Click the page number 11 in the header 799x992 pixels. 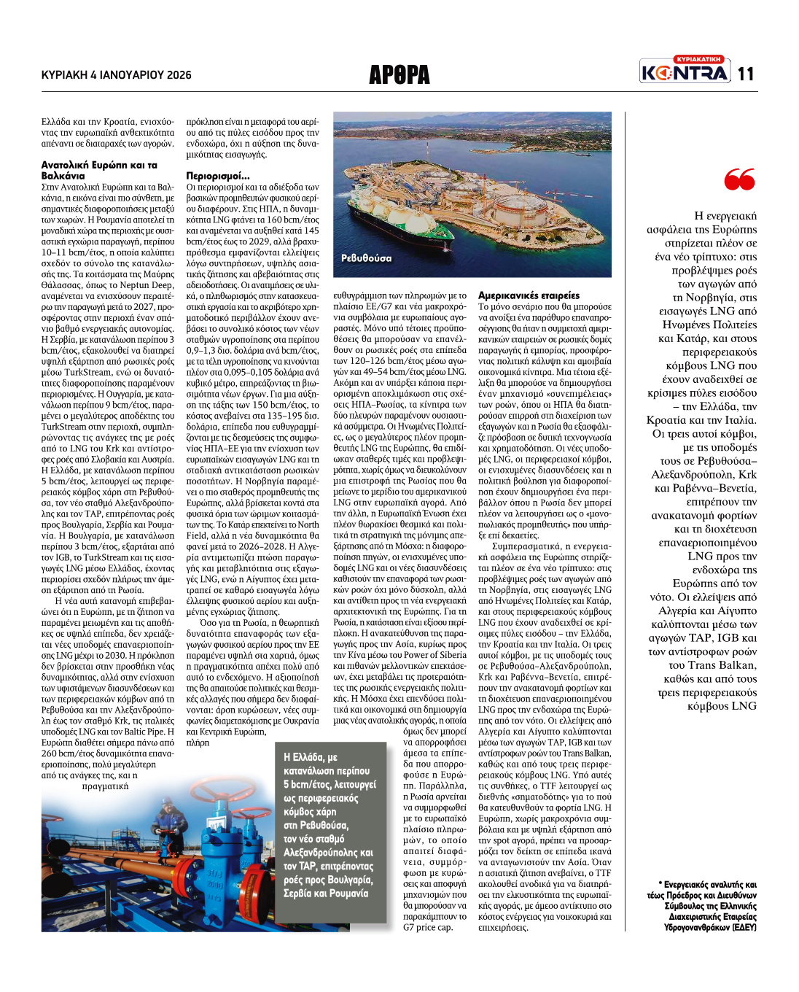point(745,74)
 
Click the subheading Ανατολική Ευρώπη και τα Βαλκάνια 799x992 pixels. point(99,170)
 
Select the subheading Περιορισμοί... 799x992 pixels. point(218,176)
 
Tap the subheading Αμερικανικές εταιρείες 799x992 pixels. point(529,295)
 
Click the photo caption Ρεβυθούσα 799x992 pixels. point(366,258)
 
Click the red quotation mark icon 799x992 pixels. point(739,179)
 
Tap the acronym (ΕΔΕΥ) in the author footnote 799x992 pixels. point(744,927)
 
